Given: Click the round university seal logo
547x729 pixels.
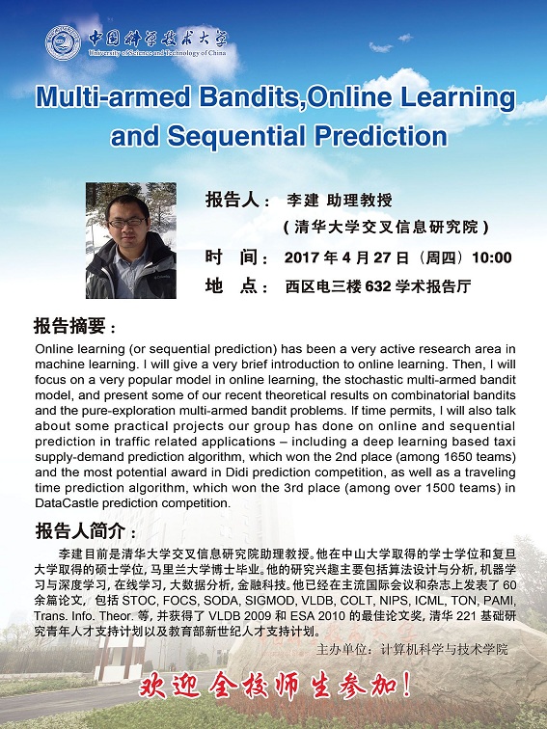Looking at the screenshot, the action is click(x=63, y=42).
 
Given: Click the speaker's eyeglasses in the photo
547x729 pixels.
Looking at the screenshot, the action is click(x=126, y=223).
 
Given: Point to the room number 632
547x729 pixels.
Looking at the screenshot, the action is click(x=378, y=286).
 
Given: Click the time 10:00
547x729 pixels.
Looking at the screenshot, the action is click(x=492, y=257).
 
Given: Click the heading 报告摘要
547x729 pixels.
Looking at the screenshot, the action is click(x=69, y=326).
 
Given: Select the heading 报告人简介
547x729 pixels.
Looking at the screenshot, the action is click(x=80, y=531).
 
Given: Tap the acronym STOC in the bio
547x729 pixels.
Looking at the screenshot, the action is click(x=138, y=600).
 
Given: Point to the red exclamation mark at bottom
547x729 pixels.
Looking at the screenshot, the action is click(x=405, y=686).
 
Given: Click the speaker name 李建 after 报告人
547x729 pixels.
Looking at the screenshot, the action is click(x=302, y=201).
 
